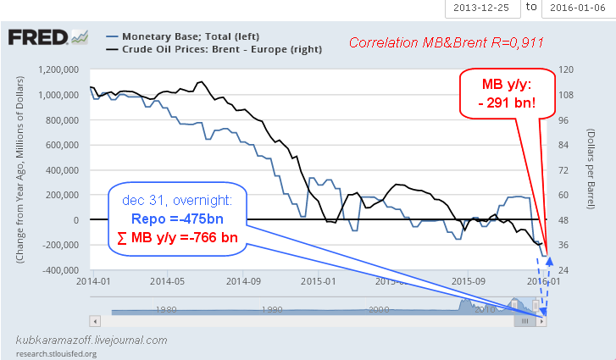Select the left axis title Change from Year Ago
(x=19, y=169)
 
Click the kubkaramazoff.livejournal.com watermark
(x=92, y=340)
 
